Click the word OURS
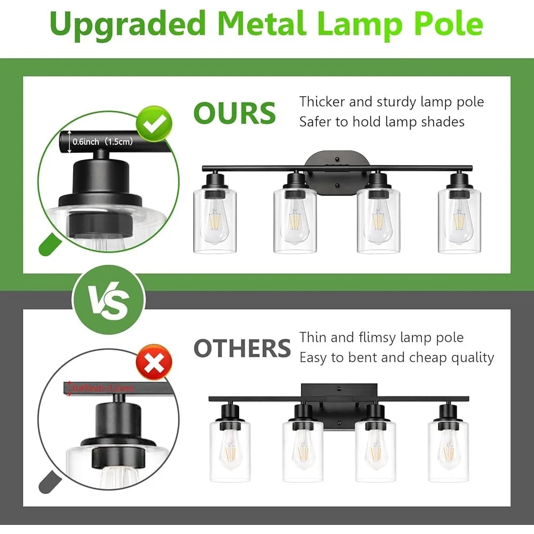pyautogui.click(x=234, y=113)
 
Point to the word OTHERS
pyautogui.click(x=242, y=349)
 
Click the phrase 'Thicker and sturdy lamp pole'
pyautogui.click(x=391, y=101)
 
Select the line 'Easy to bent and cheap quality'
pyautogui.click(x=397, y=357)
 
